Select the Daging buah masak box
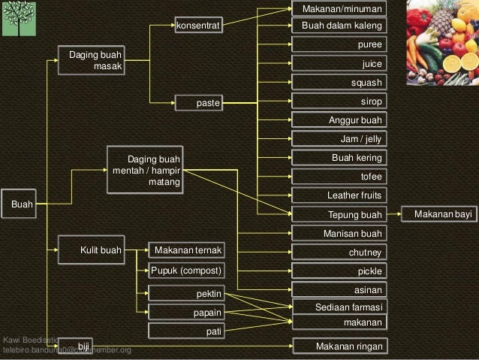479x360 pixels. [x=92, y=61]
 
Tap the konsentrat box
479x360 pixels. [x=198, y=26]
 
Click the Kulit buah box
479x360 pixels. [x=92, y=250]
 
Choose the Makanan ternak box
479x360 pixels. [x=185, y=250]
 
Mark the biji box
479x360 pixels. [x=76, y=346]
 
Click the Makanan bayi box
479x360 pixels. [x=438, y=215]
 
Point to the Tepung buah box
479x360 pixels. [x=339, y=215]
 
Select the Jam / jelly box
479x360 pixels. [x=339, y=139]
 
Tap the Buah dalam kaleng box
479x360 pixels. [x=339, y=26]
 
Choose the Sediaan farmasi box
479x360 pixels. [x=339, y=308]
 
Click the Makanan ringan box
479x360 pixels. [x=339, y=346]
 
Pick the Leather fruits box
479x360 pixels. [x=339, y=195]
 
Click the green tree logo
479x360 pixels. [x=19, y=19]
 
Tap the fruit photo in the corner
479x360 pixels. [x=442, y=42]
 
